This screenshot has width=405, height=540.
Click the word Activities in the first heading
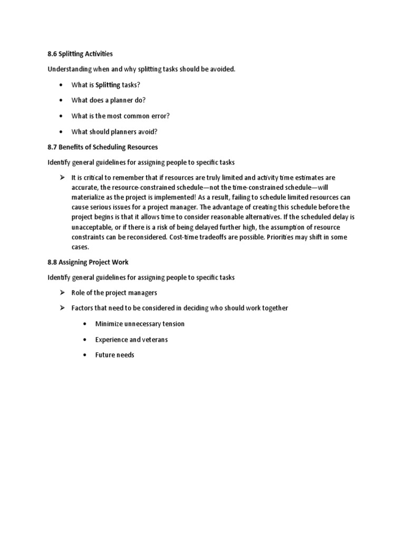tap(97, 54)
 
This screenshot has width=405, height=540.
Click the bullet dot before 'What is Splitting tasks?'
tap(62, 85)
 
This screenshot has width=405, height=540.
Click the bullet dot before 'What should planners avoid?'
tap(62, 132)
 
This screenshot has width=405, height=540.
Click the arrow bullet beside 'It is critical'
tap(62, 178)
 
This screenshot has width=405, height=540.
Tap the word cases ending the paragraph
tap(81, 247)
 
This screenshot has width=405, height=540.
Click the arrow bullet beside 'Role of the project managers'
tap(62, 293)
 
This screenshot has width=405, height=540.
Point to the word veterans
tap(153, 340)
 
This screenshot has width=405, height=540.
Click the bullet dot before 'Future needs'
tap(85, 355)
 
